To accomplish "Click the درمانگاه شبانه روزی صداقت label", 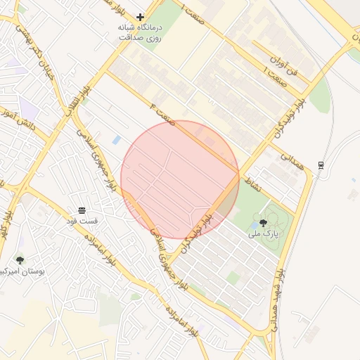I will pyautogui.click(x=139, y=32).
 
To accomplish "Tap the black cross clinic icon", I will pyautogui.click(x=140, y=16).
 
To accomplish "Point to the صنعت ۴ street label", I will pyautogui.click(x=161, y=111).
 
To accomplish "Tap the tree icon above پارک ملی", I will pyautogui.click(x=263, y=222).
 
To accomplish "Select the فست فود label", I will pyautogui.click(x=83, y=221).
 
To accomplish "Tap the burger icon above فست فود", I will pyautogui.click(x=82, y=211).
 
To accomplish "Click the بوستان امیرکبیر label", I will pyautogui.click(x=25, y=270).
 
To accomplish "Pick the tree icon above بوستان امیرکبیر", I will pyautogui.click(x=19, y=260).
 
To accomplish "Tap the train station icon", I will pyautogui.click(x=321, y=165).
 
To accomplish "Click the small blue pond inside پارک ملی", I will pyautogui.click(x=253, y=227).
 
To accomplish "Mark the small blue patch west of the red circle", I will pyautogui.click(x=116, y=140).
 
